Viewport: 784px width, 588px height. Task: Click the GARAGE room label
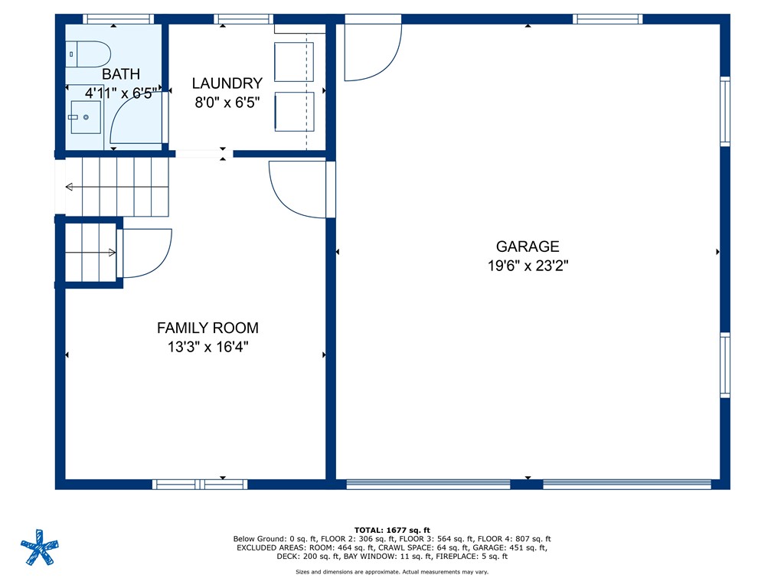pyautogui.click(x=528, y=247)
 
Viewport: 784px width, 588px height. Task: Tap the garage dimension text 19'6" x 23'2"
pyautogui.click(x=528, y=266)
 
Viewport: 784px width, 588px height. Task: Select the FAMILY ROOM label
pyautogui.click(x=207, y=328)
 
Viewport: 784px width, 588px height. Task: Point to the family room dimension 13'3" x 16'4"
pyautogui.click(x=207, y=347)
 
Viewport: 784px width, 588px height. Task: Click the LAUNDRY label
pyautogui.click(x=227, y=83)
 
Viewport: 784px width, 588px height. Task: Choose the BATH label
pyautogui.click(x=121, y=74)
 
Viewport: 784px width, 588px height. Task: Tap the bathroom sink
pyautogui.click(x=86, y=117)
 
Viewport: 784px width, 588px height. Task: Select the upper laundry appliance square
pyautogui.click(x=293, y=62)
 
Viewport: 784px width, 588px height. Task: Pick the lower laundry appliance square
pyautogui.click(x=293, y=112)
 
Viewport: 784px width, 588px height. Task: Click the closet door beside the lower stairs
pyautogui.click(x=145, y=253)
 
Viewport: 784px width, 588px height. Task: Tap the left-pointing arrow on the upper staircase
pyautogui.click(x=70, y=187)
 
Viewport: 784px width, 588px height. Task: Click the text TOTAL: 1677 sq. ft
pyautogui.click(x=392, y=530)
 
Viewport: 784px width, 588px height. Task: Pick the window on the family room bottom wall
pyautogui.click(x=200, y=484)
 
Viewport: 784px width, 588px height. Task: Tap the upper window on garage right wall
pyautogui.click(x=724, y=110)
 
